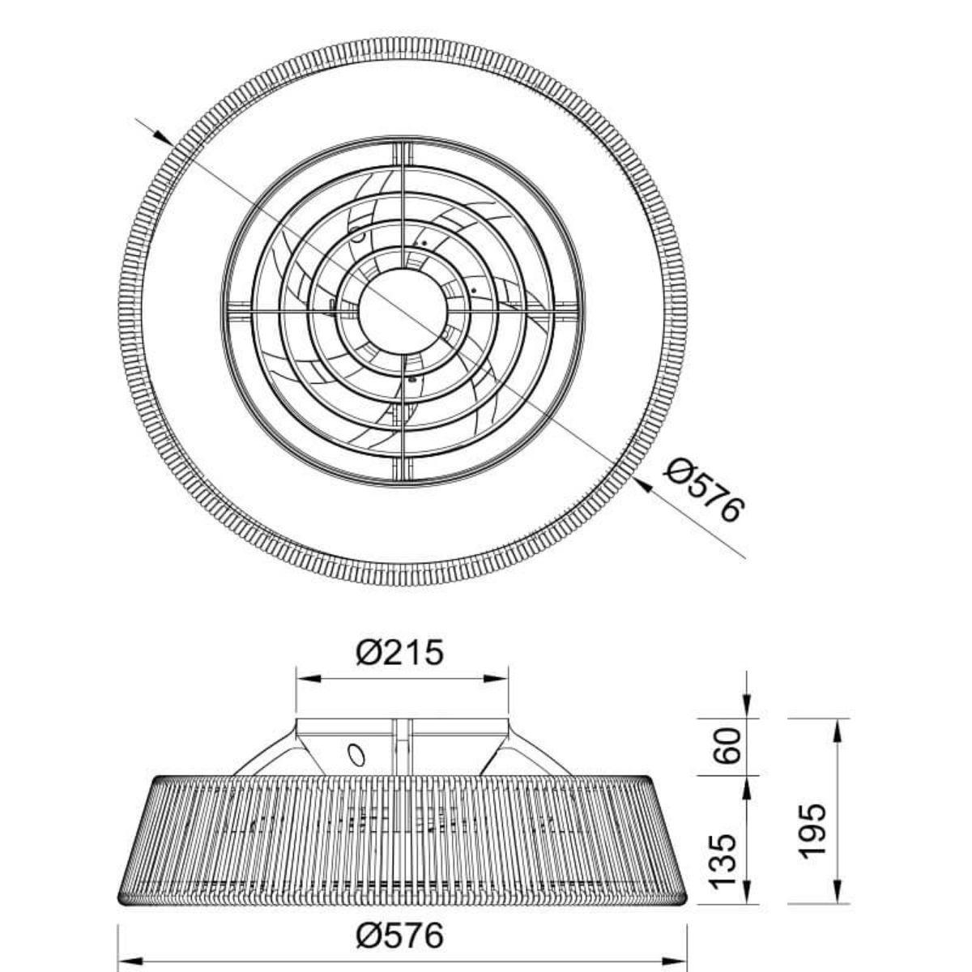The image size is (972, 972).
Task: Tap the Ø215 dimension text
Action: tap(400, 652)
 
